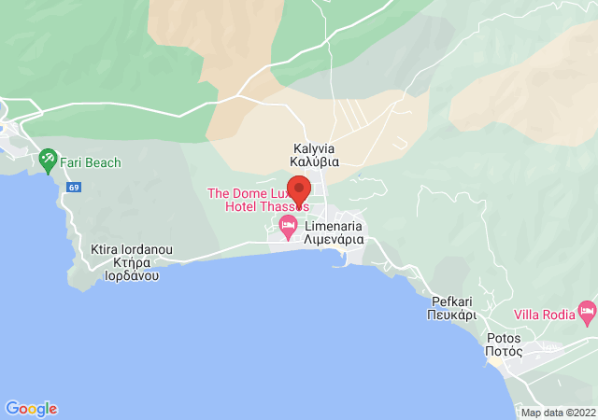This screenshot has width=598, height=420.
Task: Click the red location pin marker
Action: click(298, 187)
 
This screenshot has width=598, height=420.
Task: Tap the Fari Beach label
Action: click(91, 162)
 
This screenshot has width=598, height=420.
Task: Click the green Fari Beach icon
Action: click(49, 162)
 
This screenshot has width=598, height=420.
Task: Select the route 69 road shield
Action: click(73, 188)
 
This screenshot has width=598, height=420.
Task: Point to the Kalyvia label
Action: click(314, 148)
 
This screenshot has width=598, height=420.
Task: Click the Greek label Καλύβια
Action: click(314, 161)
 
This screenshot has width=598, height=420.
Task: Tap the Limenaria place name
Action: click(333, 226)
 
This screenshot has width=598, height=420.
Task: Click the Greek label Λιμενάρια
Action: click(334, 239)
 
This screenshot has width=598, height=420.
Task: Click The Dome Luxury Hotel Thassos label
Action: click(257, 200)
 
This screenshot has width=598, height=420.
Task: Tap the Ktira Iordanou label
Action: click(131, 250)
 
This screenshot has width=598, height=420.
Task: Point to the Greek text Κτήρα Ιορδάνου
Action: click(131, 270)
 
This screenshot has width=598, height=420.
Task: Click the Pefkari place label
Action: click(454, 301)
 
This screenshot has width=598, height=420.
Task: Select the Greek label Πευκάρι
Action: click(454, 315)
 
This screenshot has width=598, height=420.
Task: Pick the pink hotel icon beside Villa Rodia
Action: click(587, 309)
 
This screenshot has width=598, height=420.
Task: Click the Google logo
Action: click(32, 409)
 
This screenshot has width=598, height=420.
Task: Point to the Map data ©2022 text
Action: click(557, 413)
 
